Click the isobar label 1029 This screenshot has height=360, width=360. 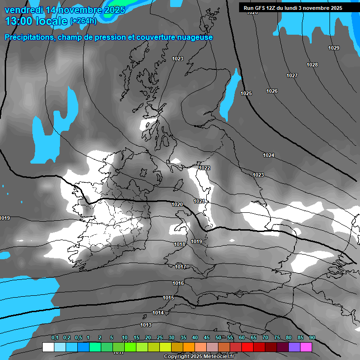[x=334, y=48]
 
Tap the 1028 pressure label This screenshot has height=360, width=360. [x=312, y=65]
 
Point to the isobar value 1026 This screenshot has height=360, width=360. [x=271, y=91]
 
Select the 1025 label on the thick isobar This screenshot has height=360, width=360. [x=246, y=93]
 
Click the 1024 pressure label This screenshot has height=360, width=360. [x=269, y=155]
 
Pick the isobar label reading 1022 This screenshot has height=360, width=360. [x=204, y=168]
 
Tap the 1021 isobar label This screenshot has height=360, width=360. [x=199, y=201]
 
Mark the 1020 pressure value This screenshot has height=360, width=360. [x=177, y=204]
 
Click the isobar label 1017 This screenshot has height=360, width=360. [x=180, y=267]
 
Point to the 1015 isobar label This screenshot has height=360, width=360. [x=168, y=298]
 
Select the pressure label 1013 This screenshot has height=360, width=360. [x=146, y=325]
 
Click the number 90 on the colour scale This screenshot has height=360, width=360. [x=312, y=337]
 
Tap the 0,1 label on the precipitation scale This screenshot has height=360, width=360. [x=54, y=337]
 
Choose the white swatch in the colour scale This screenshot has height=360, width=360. [x=48, y=347]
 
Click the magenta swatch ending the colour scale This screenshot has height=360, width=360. [x=306, y=347]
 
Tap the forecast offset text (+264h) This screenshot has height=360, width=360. [x=83, y=21]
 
